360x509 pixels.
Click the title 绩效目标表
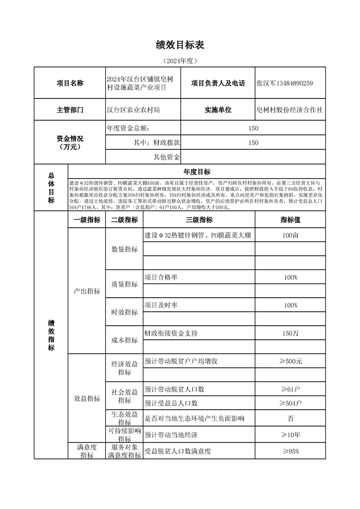[180, 44]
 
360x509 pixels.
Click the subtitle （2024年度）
[180, 60]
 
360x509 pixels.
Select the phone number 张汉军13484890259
[285, 83]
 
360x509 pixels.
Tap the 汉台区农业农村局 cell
[133, 110]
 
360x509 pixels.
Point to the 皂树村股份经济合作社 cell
[290, 110]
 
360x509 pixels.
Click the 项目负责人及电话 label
[218, 83]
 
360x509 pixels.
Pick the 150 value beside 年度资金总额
[253, 128]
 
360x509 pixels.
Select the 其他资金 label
[167, 157]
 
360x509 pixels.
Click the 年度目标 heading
[197, 171]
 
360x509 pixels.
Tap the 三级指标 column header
[199, 220]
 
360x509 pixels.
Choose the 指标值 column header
[290, 220]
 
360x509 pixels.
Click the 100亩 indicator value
[290, 235]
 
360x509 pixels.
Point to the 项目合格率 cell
[161, 277]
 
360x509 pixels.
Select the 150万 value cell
[290, 333]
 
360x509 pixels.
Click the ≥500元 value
[290, 362]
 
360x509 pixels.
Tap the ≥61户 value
[290, 389]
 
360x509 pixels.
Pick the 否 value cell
[290, 418]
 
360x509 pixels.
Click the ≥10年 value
[290, 435]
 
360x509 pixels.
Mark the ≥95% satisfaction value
[290, 451]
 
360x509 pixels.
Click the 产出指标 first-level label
[87, 291]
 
